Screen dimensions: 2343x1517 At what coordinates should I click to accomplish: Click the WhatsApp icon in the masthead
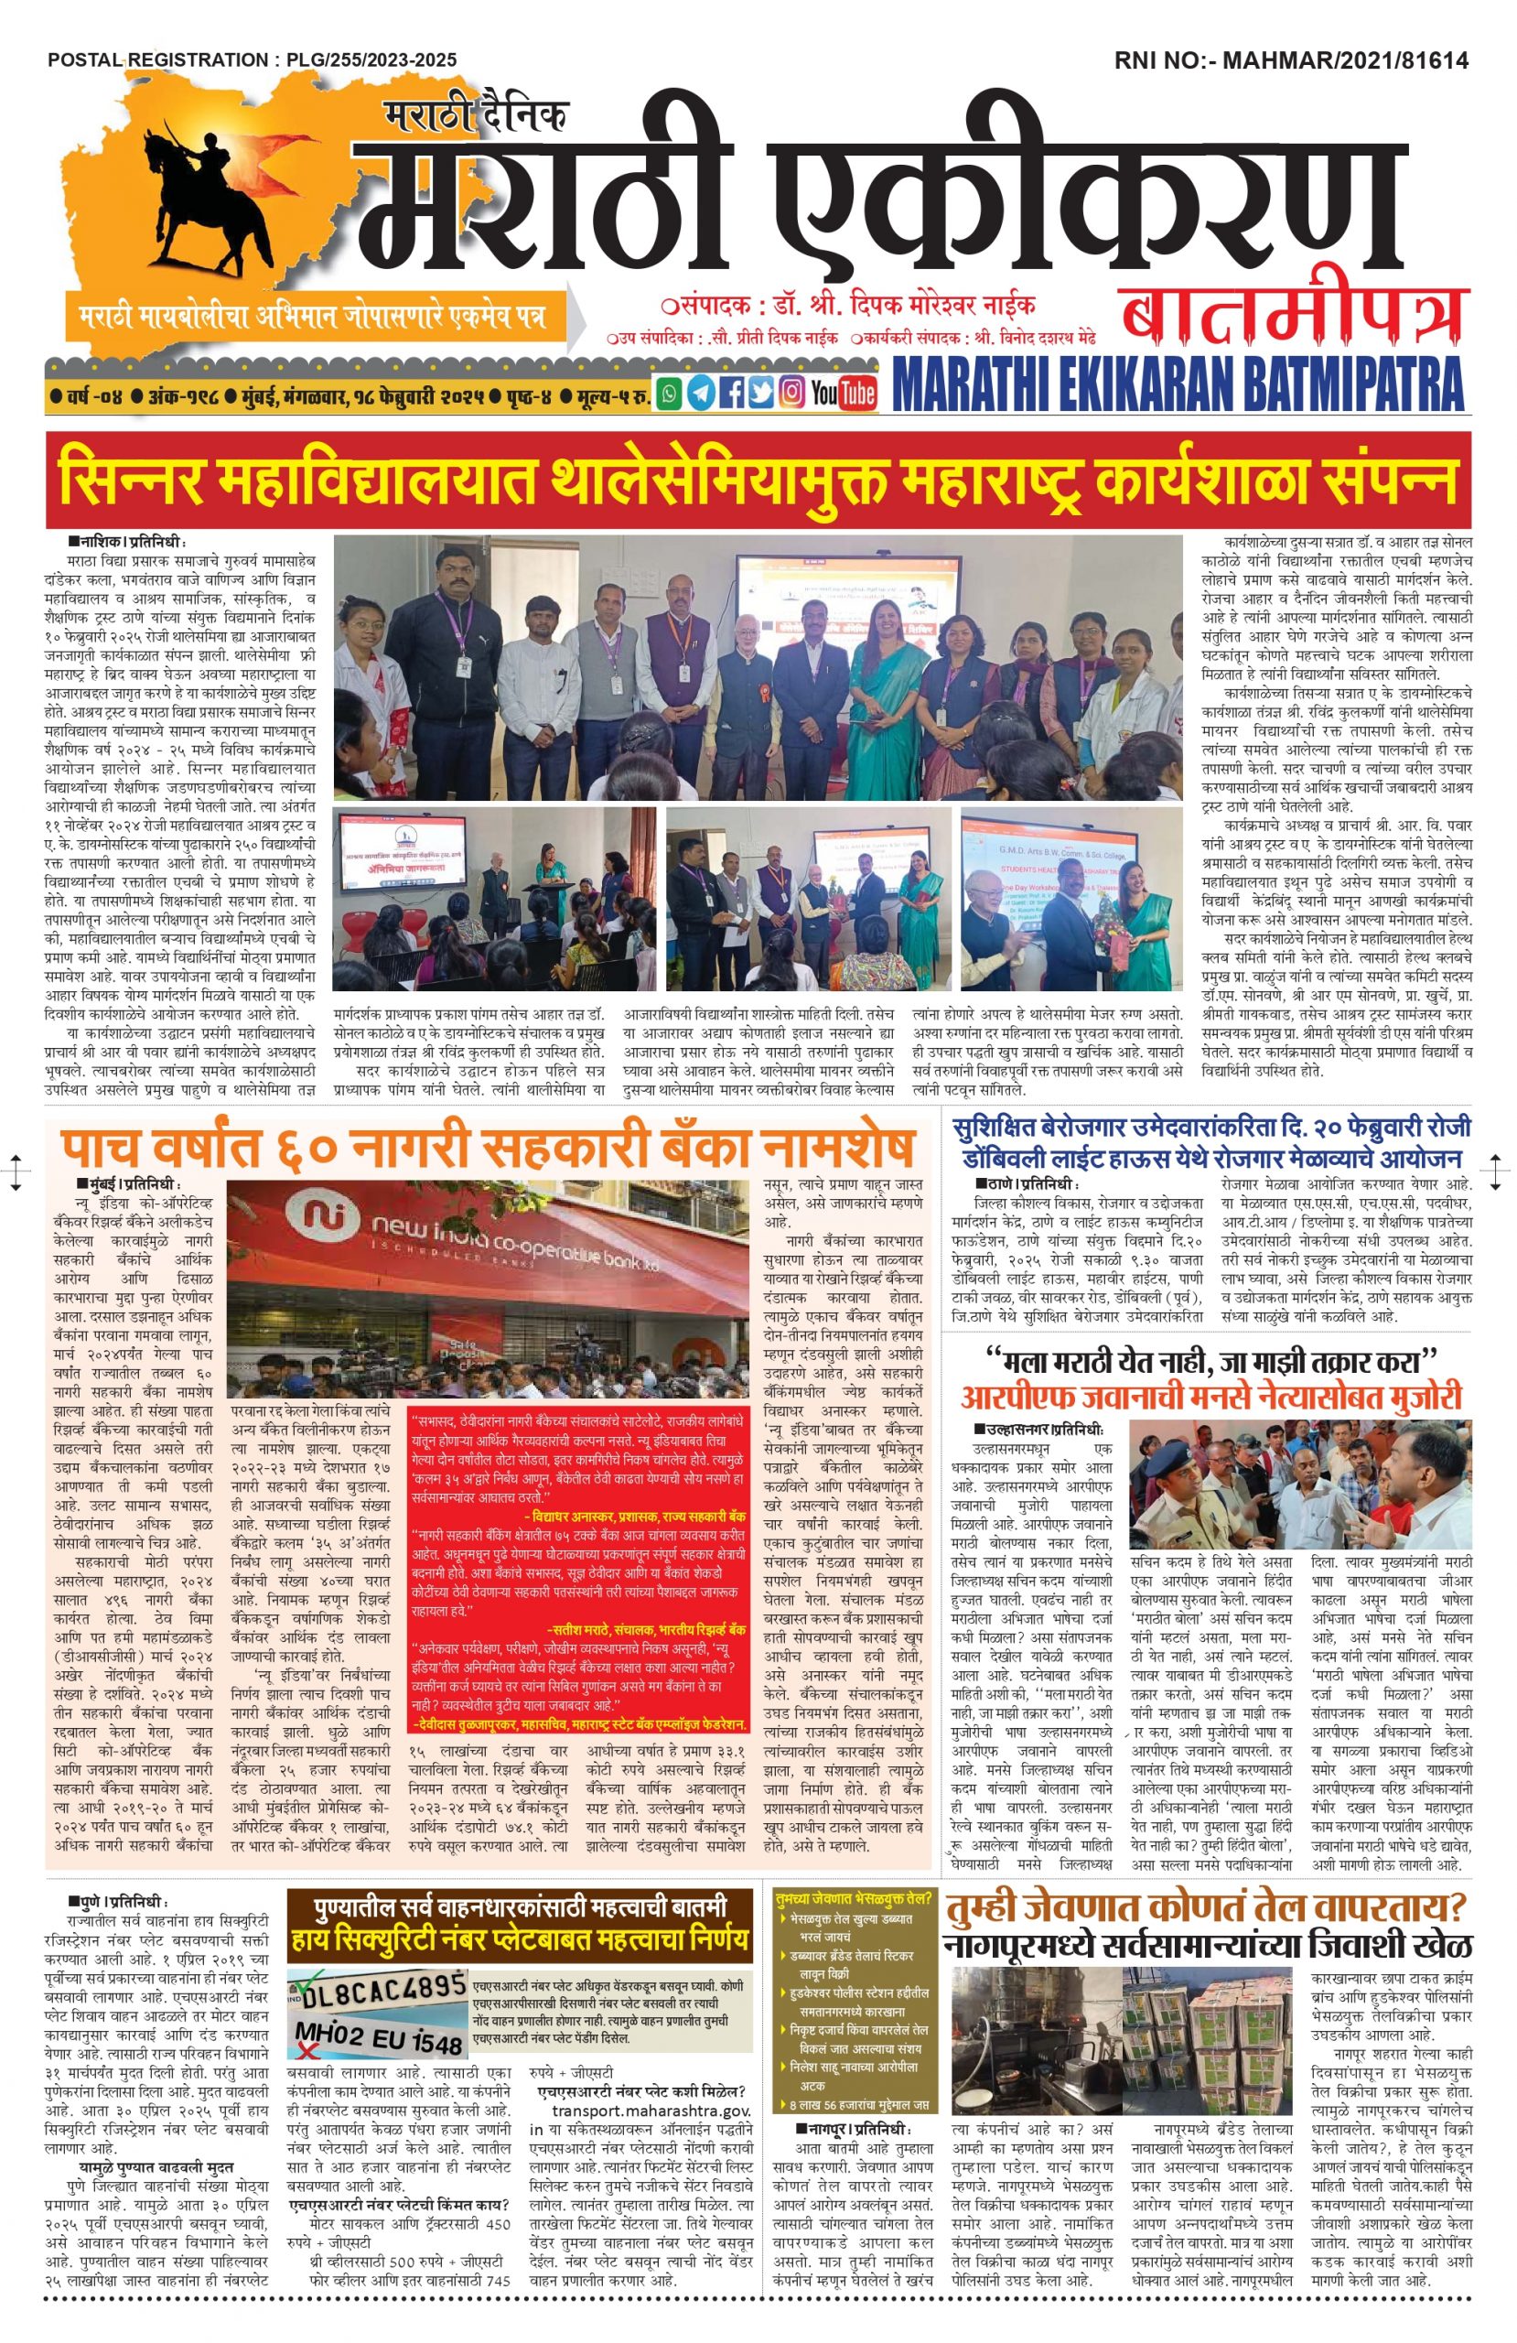[x=671, y=394]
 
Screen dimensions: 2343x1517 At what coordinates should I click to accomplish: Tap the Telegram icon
[x=701, y=394]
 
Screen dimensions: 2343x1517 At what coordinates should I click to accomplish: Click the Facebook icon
[x=730, y=394]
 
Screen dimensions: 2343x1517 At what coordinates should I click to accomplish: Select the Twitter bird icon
[x=760, y=394]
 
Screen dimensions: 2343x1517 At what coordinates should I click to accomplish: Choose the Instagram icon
[x=791, y=394]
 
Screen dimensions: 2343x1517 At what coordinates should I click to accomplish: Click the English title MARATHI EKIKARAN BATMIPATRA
[x=1178, y=387]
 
